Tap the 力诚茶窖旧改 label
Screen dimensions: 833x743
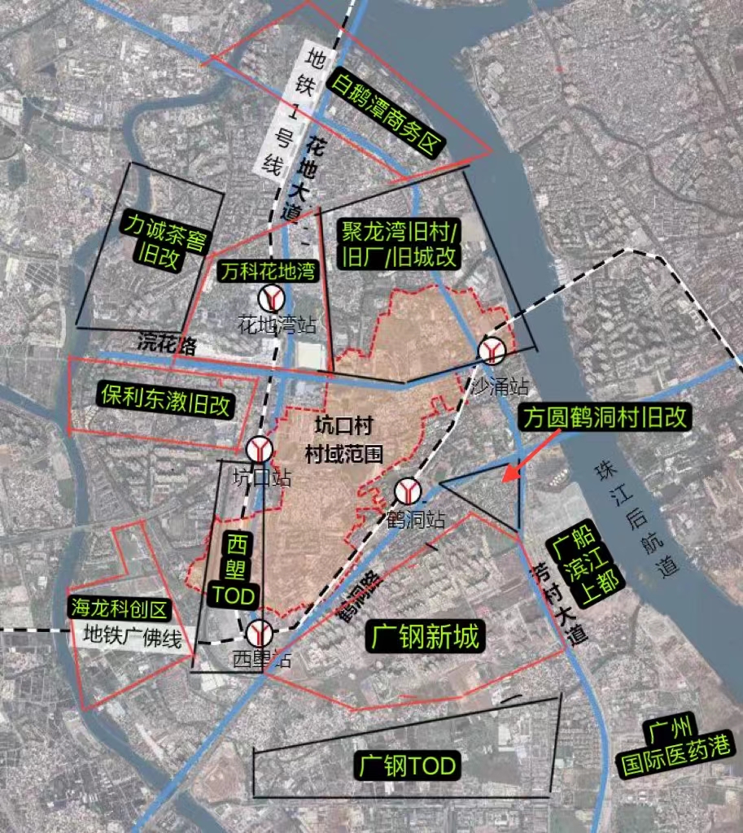[164, 242]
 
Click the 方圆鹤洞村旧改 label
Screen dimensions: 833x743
[606, 418]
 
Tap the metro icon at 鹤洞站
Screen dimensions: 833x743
[408, 491]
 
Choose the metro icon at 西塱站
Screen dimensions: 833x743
[260, 631]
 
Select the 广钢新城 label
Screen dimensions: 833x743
[424, 637]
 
